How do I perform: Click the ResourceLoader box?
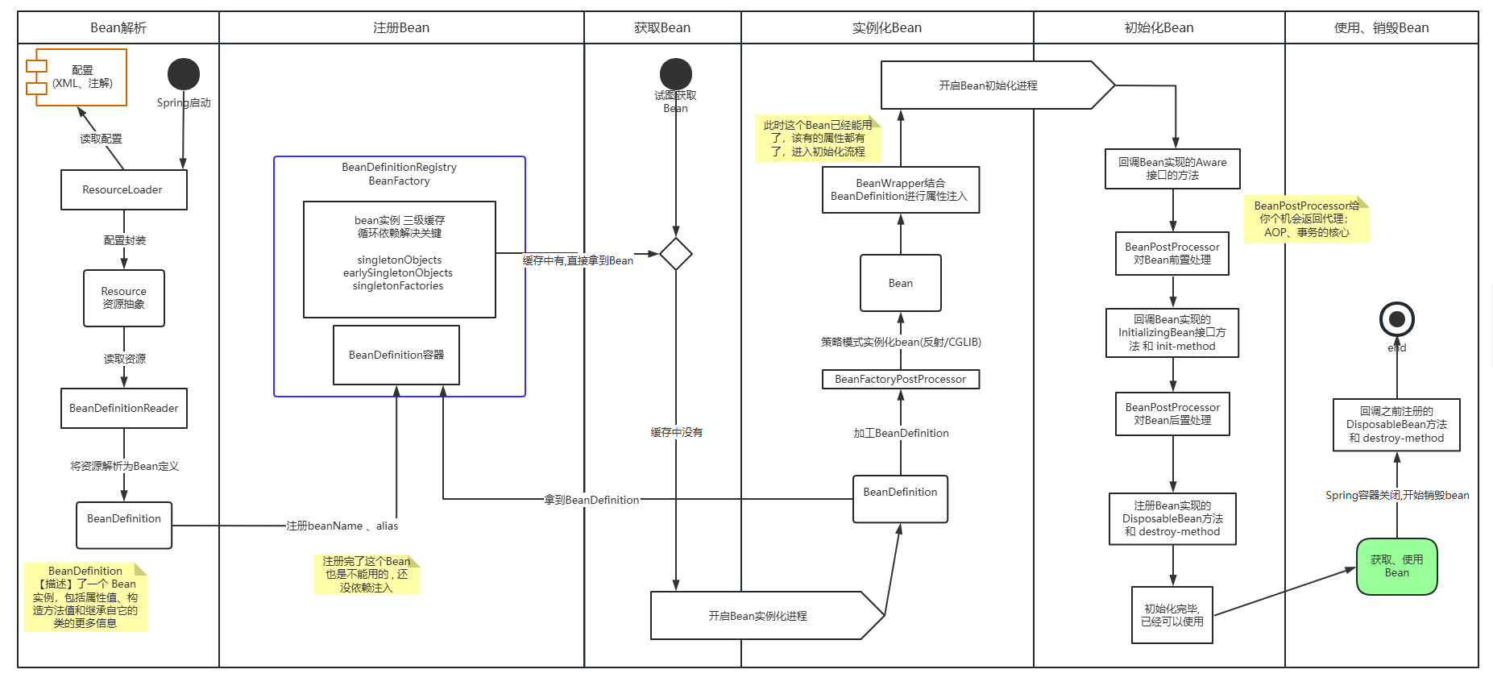tap(124, 189)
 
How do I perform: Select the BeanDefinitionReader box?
tap(124, 408)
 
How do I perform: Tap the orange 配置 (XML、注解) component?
tap(77, 77)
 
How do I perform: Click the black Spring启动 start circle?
tap(184, 74)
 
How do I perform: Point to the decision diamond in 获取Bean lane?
tap(676, 254)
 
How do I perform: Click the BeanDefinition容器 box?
tap(396, 355)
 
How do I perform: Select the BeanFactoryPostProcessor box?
tap(901, 379)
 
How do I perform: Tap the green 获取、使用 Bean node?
tap(1397, 567)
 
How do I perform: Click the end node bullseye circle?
tap(1397, 319)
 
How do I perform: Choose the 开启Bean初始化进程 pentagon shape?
tap(997, 85)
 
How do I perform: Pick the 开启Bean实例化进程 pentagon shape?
tap(768, 616)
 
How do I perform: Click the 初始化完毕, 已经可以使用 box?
tap(1172, 615)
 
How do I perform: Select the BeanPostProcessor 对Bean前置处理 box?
tap(1172, 253)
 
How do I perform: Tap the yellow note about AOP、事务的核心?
tap(1306, 219)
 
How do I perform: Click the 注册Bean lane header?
tap(401, 27)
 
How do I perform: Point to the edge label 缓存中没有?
tap(677, 433)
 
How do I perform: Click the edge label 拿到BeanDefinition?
tap(591, 500)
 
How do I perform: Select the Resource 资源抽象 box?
tap(124, 298)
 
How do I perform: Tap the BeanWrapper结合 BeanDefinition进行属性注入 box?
tap(901, 189)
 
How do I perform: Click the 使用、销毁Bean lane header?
tap(1382, 27)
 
